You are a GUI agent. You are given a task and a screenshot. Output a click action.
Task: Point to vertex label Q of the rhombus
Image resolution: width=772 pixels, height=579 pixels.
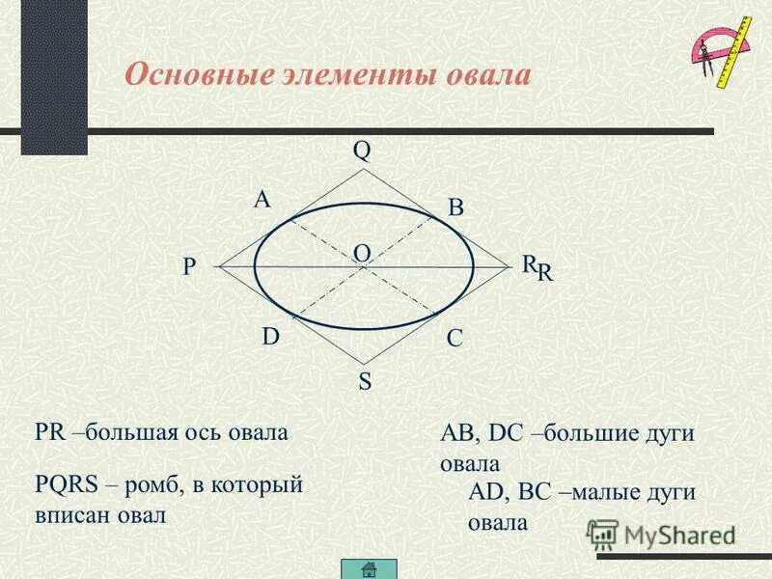tap(362, 151)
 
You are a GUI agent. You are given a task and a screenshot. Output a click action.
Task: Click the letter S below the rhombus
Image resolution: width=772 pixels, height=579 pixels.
tap(365, 382)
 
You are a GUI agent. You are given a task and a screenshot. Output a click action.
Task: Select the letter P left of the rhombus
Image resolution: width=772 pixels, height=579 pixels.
tap(189, 268)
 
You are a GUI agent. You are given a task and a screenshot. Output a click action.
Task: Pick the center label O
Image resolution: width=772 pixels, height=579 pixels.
tap(362, 252)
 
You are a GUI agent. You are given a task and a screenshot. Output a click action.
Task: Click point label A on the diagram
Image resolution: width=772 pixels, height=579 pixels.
tap(262, 200)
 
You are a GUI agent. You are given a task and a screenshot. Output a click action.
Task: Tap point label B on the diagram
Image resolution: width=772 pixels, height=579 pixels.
tap(455, 207)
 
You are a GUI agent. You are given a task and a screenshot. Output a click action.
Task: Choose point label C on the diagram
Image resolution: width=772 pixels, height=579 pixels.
tap(455, 339)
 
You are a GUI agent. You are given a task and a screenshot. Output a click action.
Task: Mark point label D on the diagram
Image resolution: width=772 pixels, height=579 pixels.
tap(271, 337)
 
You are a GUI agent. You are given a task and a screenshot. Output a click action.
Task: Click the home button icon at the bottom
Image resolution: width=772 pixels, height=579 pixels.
tap(370, 568)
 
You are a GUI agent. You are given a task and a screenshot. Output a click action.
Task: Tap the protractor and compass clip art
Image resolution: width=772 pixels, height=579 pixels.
tap(719, 53)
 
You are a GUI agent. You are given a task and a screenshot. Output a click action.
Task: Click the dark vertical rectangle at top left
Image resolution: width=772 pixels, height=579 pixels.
tap(54, 77)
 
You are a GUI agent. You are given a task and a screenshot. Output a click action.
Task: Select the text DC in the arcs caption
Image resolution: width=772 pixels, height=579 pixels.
tap(510, 433)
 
